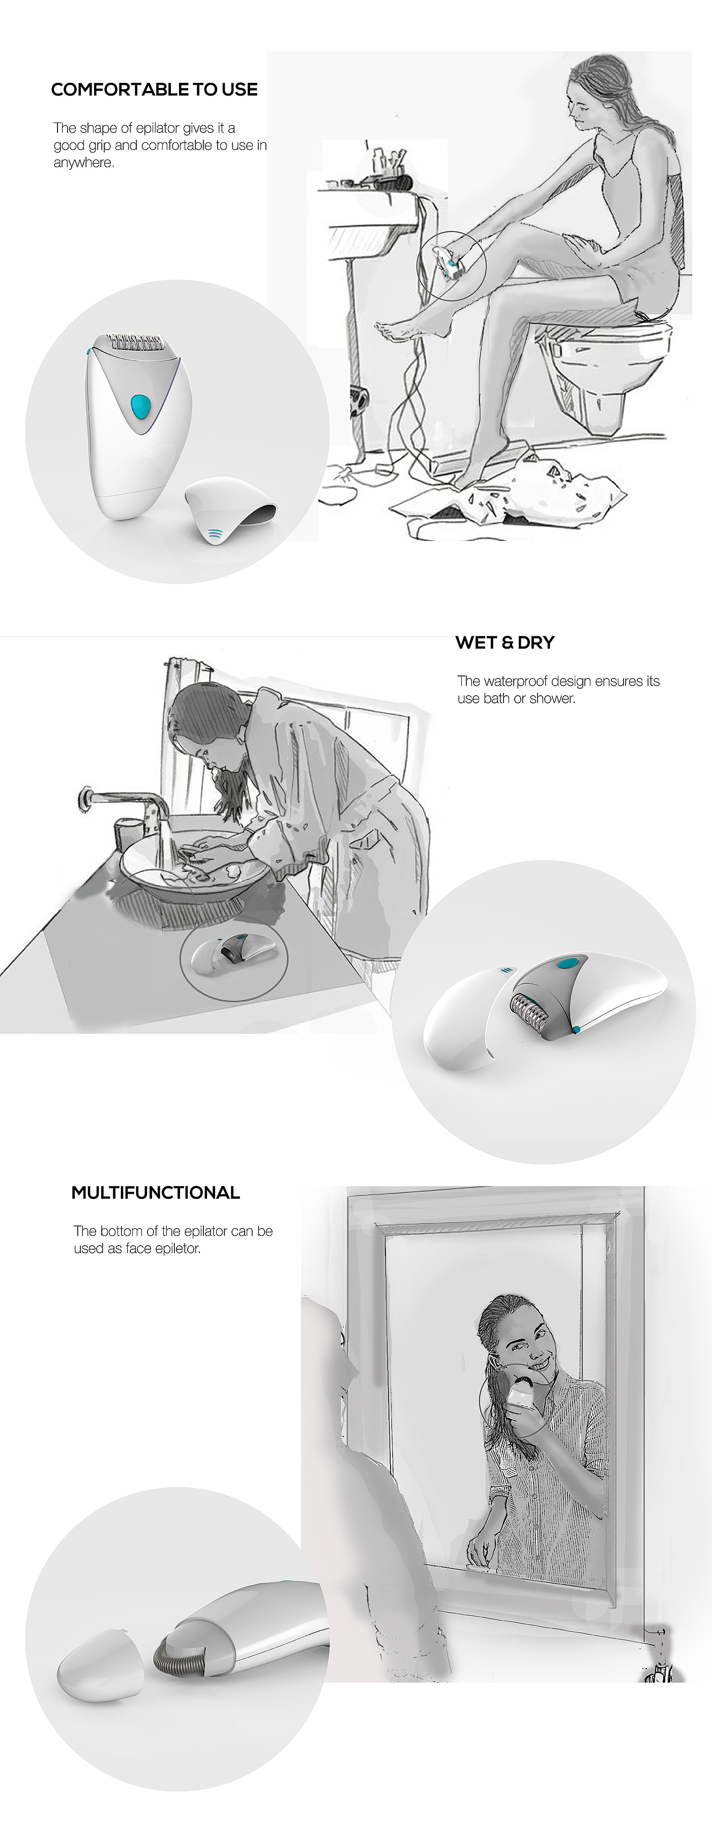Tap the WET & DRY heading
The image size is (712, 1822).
(505, 642)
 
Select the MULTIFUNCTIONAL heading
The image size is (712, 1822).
(156, 1192)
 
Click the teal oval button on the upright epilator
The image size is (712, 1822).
(141, 405)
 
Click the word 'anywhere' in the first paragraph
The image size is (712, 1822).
(83, 163)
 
